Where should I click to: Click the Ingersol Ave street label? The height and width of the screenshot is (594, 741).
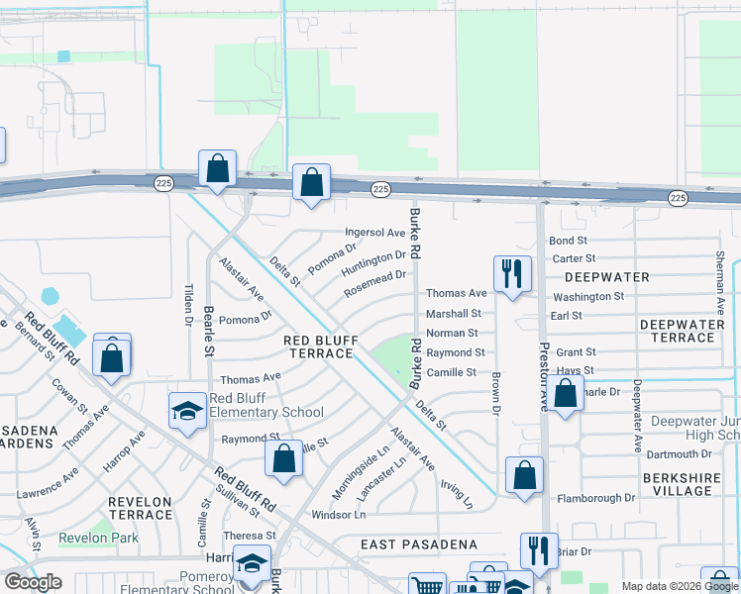[375, 233]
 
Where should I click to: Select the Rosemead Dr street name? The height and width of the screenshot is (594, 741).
[375, 283]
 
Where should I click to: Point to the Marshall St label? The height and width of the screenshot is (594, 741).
[453, 314]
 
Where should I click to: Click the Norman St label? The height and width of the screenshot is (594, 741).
[452, 334]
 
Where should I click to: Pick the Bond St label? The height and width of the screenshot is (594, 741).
[569, 241]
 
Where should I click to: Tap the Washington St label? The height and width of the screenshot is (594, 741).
[588, 296]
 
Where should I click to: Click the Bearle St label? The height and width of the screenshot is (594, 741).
[209, 330]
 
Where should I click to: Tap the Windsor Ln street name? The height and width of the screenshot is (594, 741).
[339, 515]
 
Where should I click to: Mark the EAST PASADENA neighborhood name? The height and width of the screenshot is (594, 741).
[419, 544]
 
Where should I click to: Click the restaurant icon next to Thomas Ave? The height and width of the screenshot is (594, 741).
[512, 273]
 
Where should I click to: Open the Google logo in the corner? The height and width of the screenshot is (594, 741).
[33, 582]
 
